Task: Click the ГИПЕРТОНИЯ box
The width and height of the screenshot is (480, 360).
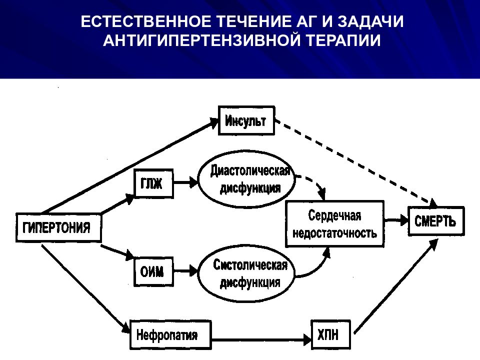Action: (x=58, y=227)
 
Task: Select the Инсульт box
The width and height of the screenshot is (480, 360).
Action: (x=246, y=120)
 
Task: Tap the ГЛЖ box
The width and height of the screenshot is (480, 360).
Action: (x=153, y=183)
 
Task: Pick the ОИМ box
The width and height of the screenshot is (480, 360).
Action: (x=153, y=271)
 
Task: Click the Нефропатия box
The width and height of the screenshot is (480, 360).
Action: (x=171, y=334)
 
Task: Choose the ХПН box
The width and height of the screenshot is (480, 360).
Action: (x=330, y=334)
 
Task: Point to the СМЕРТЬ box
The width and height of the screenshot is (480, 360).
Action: (x=436, y=221)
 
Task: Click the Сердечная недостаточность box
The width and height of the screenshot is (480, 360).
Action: (x=334, y=224)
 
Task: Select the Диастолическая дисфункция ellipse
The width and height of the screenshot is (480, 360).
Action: (x=246, y=179)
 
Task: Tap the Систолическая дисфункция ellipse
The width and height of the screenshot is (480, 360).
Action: (x=246, y=273)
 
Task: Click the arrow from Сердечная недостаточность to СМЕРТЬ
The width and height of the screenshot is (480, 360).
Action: (x=396, y=220)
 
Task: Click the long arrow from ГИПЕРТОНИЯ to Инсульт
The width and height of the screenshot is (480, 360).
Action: (x=130, y=165)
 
